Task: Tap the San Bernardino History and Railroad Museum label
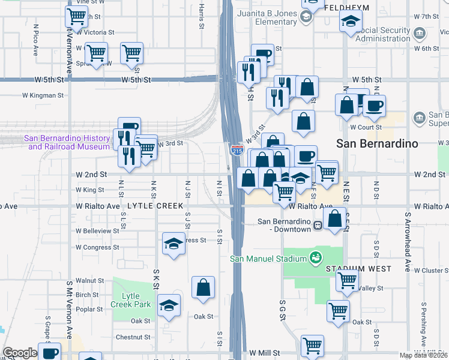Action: [x=67, y=142]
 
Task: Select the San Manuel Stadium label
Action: [x=269, y=259]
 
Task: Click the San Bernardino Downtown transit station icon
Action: [x=318, y=225]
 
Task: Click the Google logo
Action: [x=20, y=353]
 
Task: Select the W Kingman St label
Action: [x=43, y=95]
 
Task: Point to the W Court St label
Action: [x=366, y=127]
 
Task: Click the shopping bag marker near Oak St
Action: [x=203, y=287]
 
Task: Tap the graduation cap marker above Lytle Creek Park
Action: [x=173, y=245]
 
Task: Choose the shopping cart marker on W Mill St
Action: [x=312, y=346]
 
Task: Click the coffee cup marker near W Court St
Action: [x=375, y=106]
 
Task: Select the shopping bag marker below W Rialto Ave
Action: [x=337, y=219]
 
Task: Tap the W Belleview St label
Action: [x=97, y=230]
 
